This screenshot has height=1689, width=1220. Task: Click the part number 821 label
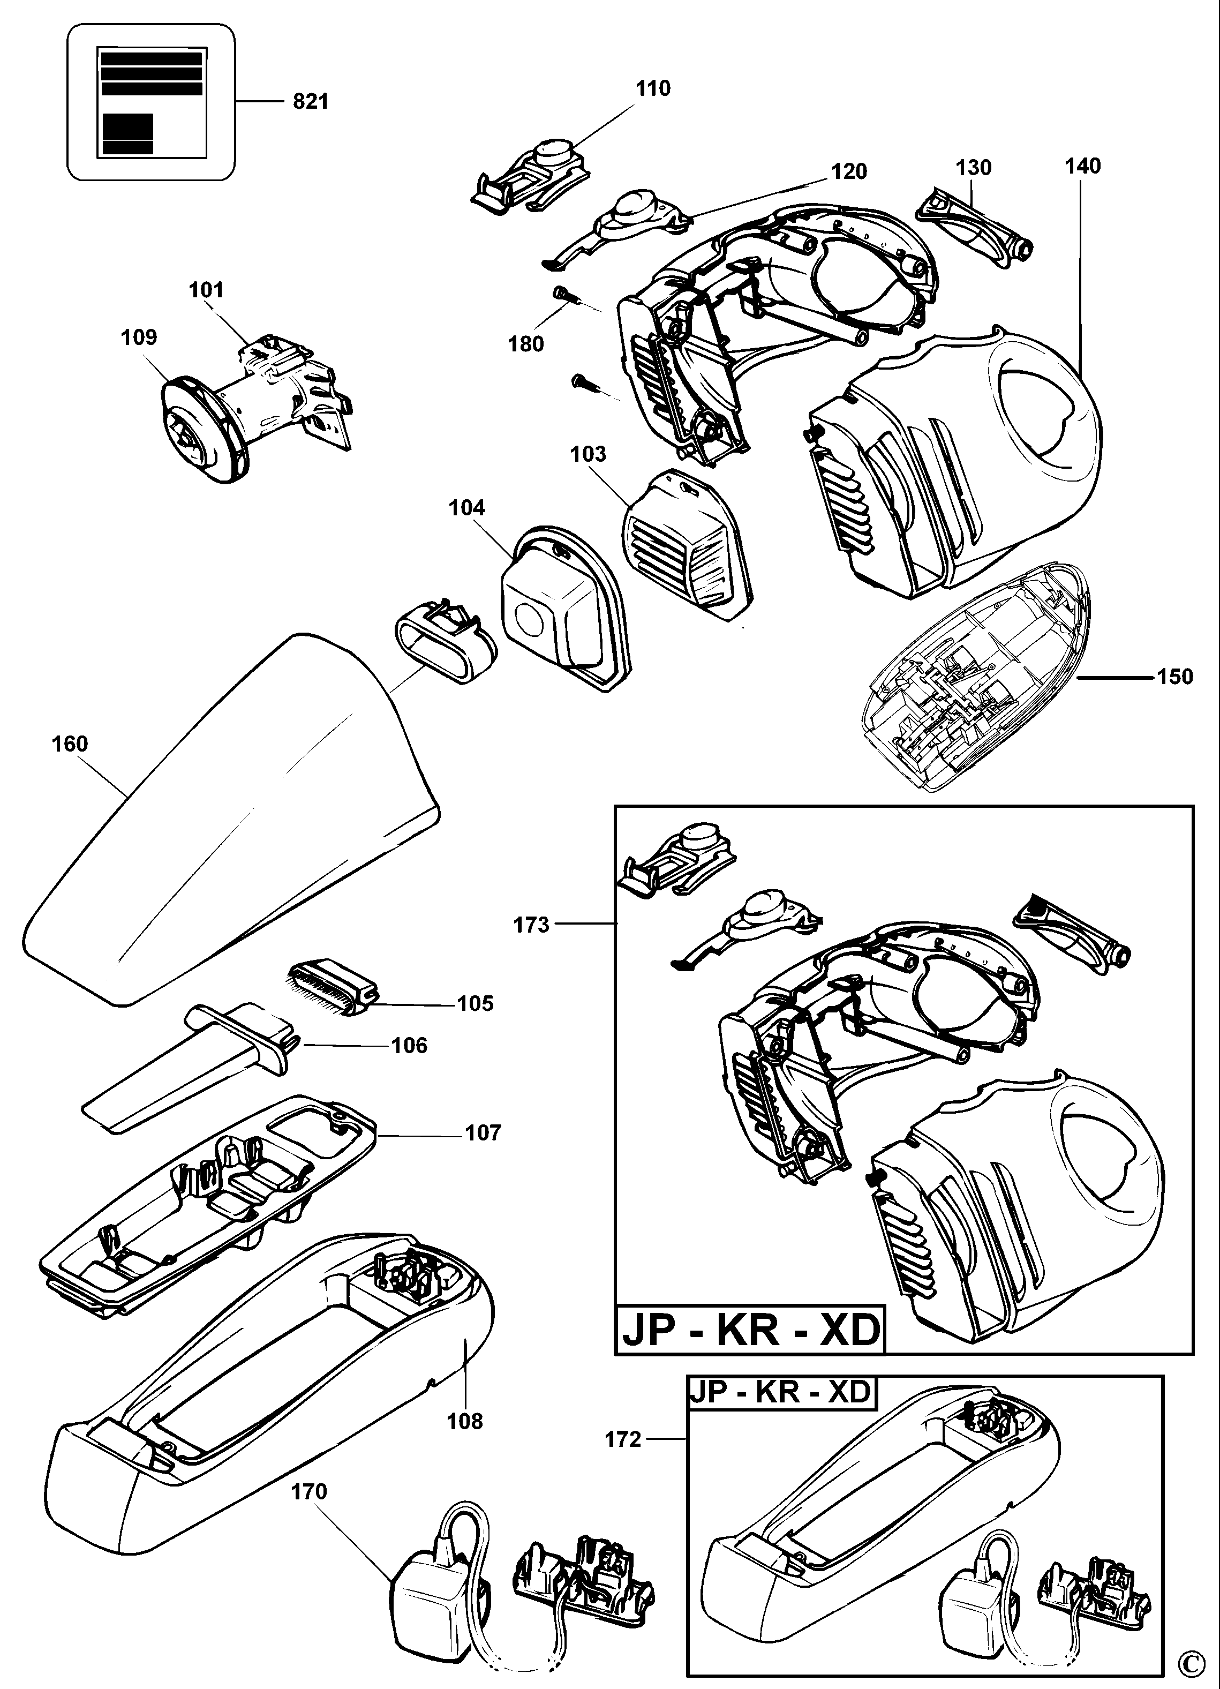pos(311,101)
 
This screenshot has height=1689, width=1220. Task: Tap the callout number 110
pos(653,88)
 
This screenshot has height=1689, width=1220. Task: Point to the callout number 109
pos(139,337)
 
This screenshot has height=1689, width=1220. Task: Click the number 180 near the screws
pos(526,344)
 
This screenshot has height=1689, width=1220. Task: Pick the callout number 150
pos(1174,677)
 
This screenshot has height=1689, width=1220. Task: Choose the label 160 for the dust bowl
pos(70,743)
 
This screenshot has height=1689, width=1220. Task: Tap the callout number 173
pos(531,925)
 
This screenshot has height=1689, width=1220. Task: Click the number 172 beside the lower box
pos(623,1439)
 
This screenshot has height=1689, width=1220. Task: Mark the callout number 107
pos(483,1133)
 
